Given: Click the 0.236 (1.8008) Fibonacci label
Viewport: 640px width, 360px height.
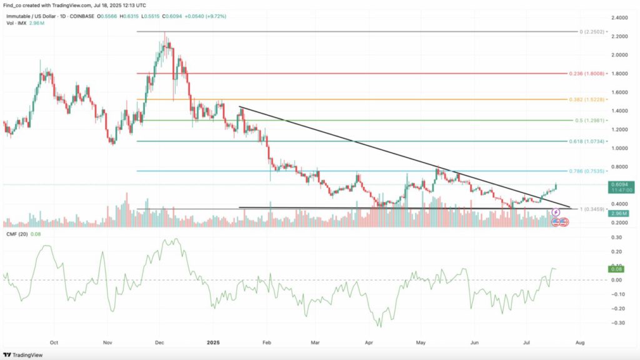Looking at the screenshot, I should (x=587, y=73).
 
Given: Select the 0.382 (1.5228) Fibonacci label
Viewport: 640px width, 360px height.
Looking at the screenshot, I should (x=587, y=100).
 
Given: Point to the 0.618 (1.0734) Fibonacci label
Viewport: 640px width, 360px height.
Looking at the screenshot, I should (x=587, y=142).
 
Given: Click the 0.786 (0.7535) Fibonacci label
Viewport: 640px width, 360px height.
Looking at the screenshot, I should (x=587, y=171).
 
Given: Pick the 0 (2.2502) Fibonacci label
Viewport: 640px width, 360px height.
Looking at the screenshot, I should (x=590, y=31).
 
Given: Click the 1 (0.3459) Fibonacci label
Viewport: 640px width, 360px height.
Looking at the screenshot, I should (x=590, y=209).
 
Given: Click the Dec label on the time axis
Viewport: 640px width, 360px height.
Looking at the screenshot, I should (x=159, y=343).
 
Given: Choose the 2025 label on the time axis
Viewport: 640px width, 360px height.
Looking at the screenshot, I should (x=213, y=343).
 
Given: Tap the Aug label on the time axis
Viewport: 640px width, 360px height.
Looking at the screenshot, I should (x=580, y=343).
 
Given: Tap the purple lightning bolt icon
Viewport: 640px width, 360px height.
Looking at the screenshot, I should (x=555, y=212).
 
